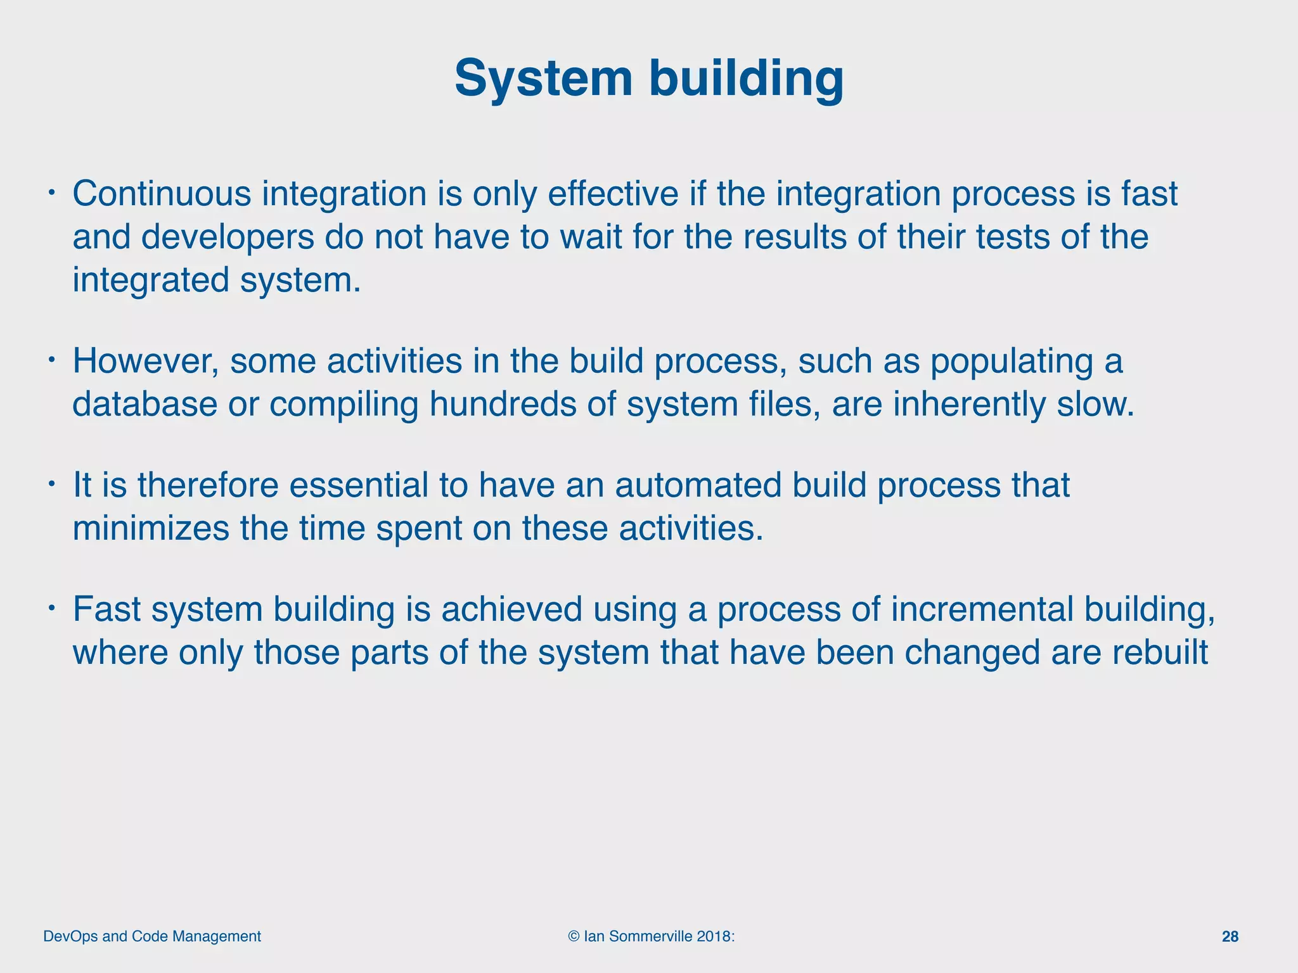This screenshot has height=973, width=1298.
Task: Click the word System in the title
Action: coord(543,79)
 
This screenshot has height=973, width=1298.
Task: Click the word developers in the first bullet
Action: coord(228,237)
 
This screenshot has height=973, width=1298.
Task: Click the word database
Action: coord(145,404)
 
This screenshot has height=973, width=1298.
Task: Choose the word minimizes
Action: coord(151,528)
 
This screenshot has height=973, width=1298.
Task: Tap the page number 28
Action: coord(1230,936)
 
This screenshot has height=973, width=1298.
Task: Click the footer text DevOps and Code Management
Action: coord(152,936)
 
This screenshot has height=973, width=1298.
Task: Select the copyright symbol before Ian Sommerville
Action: coord(574,936)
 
